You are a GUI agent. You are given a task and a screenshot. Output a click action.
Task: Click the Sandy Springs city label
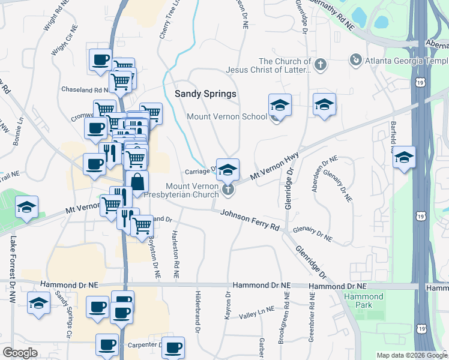coord(205,94)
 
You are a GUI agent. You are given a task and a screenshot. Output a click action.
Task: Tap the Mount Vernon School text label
coord(227,116)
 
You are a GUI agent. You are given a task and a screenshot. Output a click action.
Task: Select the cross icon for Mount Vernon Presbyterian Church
coord(228,190)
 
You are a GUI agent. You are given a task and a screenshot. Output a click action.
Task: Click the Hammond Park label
coord(364,301)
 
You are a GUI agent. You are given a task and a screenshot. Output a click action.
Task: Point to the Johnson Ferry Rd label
coord(250,220)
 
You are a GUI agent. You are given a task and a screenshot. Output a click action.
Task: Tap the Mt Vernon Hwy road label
coord(274,166)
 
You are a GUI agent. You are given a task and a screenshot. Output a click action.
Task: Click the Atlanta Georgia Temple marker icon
coord(356,59)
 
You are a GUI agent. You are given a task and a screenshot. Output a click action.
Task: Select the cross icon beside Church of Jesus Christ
coord(321,64)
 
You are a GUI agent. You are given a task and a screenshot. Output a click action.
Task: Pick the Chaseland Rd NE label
coord(85,89)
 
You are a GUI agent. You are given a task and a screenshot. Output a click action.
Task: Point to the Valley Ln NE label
coord(256,312)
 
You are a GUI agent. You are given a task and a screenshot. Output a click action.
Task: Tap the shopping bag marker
coord(137,182)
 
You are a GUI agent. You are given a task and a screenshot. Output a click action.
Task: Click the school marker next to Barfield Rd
coord(404,157)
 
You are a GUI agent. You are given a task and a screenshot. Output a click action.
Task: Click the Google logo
coord(20,353)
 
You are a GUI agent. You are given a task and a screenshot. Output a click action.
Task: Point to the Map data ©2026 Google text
coord(411,355)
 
